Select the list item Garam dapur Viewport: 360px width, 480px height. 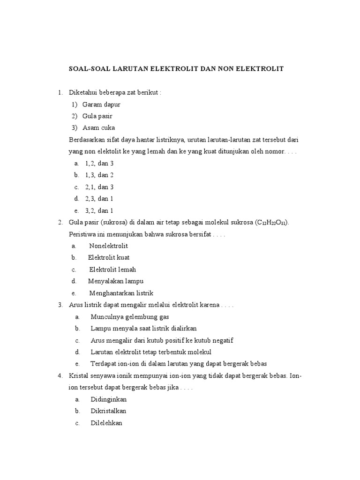(101, 104)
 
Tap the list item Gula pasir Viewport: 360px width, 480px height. (97, 116)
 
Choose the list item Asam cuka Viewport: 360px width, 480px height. (98, 127)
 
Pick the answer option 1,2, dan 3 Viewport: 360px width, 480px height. (99, 163)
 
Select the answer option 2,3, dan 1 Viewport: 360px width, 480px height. (99, 198)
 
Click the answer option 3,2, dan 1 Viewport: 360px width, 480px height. (99, 210)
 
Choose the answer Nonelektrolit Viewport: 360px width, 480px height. (108, 246)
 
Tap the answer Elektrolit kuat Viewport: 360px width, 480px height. (109, 257)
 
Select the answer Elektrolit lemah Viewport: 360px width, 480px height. (112, 270)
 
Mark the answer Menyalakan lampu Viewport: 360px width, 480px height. (116, 281)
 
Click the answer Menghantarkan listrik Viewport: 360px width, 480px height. (121, 293)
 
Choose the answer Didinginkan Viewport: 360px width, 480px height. (109, 399)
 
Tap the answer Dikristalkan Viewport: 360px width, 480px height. (108, 411)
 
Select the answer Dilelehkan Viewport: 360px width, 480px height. (107, 423)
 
